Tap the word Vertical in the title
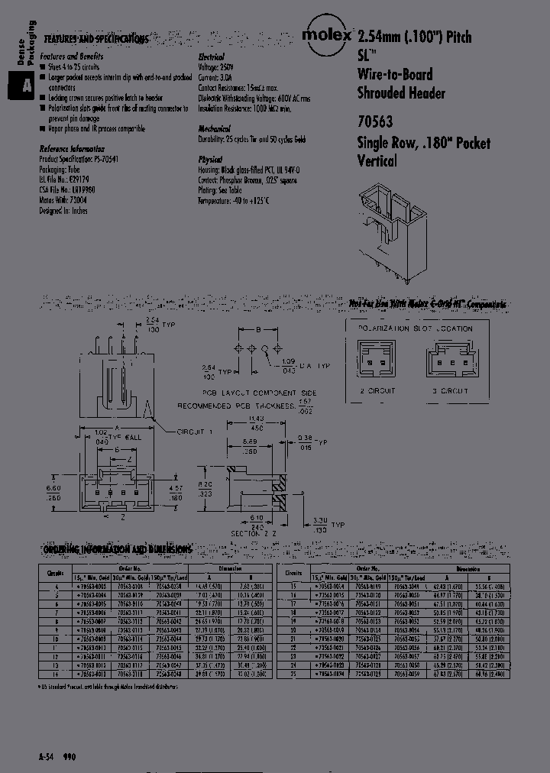tap(377, 161)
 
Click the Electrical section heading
tap(211, 57)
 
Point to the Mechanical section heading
tap(214, 129)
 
